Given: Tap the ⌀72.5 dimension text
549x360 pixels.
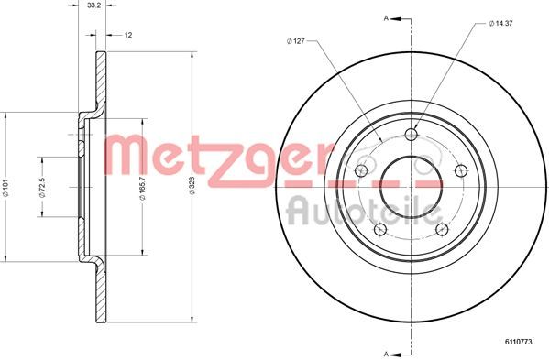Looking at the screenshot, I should tap(42, 190).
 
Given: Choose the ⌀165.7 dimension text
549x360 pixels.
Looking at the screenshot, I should tap(144, 190).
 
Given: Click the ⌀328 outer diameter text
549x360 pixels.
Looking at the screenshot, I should tap(192, 190).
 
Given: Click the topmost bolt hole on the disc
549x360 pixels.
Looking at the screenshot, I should tap(410, 136).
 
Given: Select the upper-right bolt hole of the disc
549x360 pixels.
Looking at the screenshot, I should tap(461, 170).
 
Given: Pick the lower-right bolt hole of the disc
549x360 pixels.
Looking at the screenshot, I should tap(441, 229).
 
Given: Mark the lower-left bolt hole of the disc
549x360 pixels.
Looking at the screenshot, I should tap(379, 229).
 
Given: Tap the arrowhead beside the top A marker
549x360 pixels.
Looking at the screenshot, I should tap(401, 16).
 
